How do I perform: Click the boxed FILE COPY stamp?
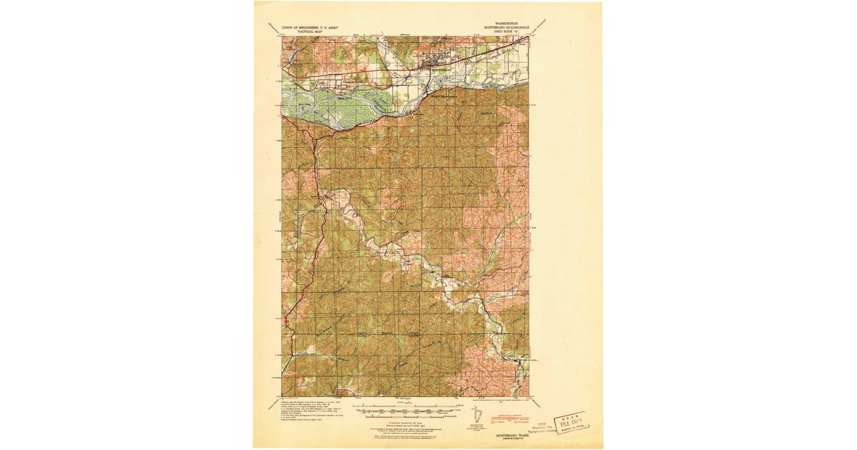pyautogui.click(x=571, y=421)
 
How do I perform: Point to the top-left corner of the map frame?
pyautogui.click(x=282, y=37)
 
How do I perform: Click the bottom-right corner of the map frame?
pyautogui.click(x=529, y=396)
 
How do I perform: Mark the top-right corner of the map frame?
pyautogui.click(x=529, y=37)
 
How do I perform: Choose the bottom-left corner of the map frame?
pyautogui.click(x=282, y=396)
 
